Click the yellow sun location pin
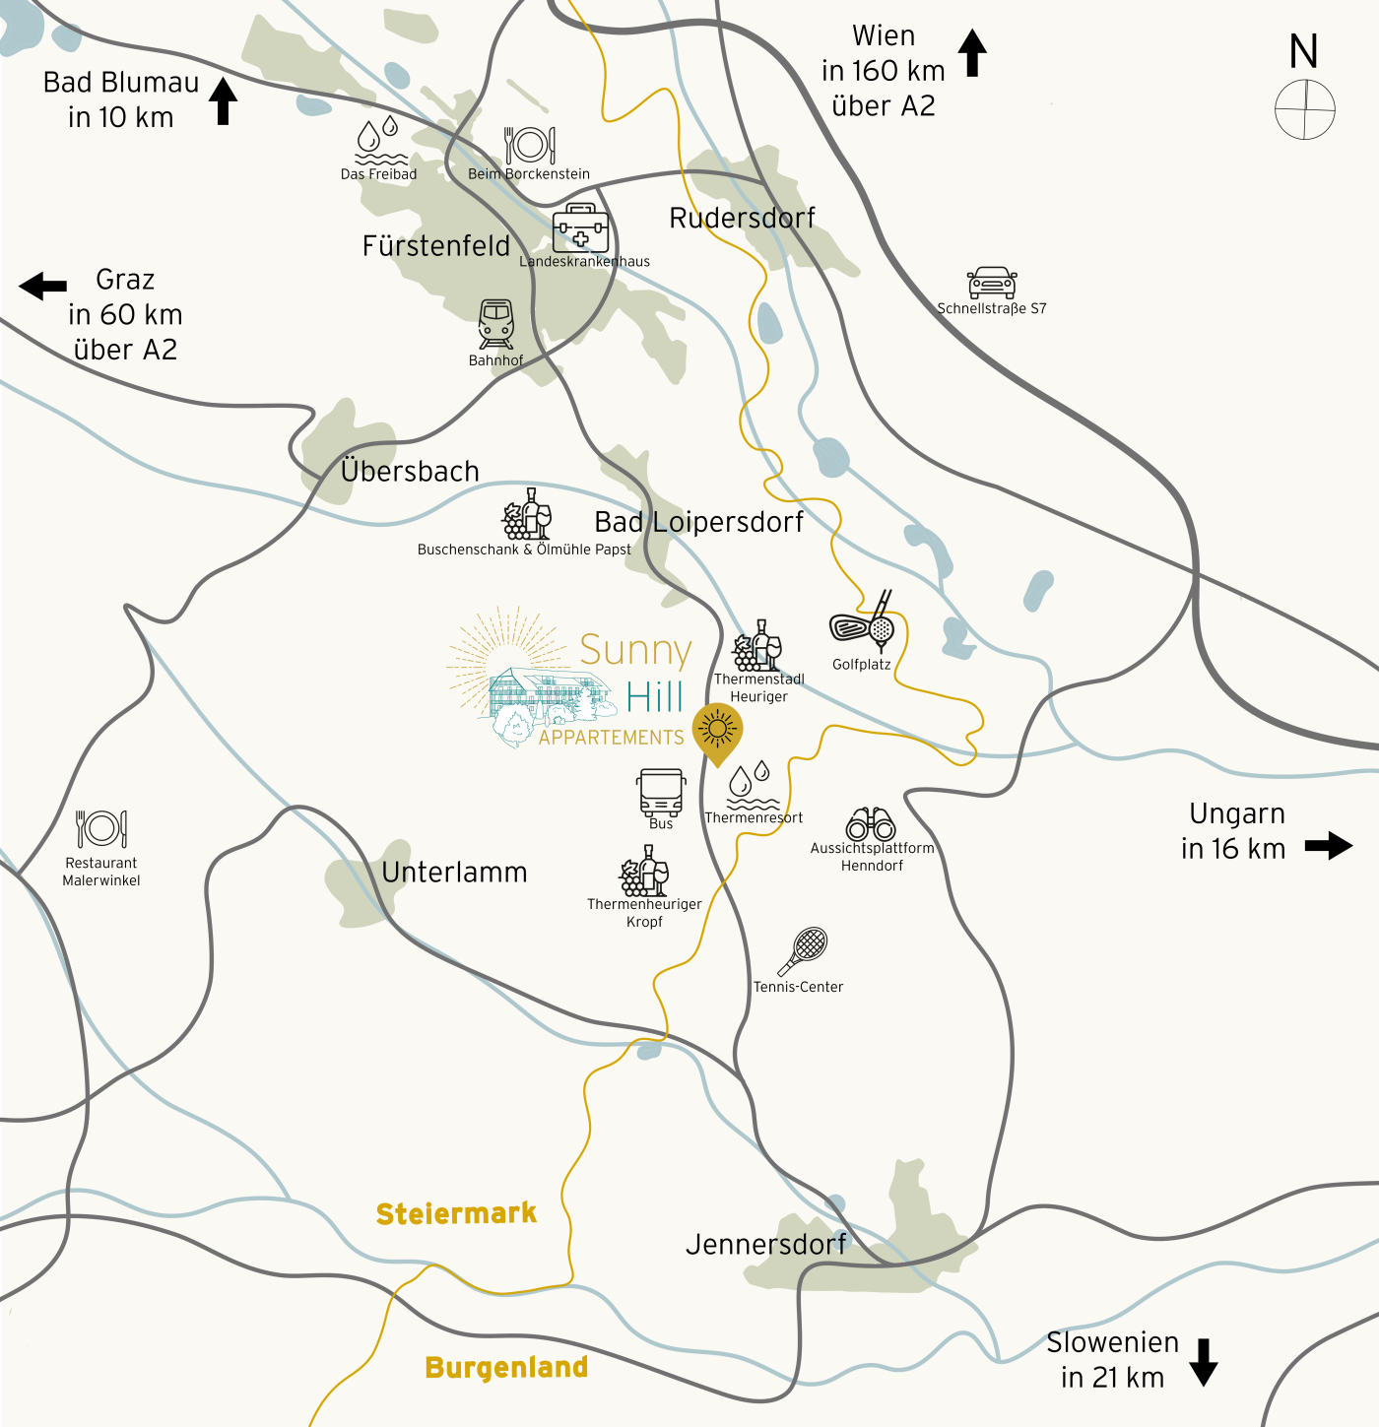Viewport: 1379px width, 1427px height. pos(717,732)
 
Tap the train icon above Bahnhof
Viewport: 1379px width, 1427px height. pos(495,324)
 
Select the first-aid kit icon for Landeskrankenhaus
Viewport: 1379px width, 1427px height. pos(580,228)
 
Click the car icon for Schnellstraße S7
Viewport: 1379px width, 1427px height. pos(992,283)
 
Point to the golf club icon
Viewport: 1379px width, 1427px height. pos(865,623)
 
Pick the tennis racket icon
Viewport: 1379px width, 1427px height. pos(804,950)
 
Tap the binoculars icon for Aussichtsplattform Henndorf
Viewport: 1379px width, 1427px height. pos(871,824)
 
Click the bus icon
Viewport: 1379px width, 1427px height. pos(661,793)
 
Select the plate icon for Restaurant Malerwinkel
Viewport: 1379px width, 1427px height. pos(101,829)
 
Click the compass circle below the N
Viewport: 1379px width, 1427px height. pos(1304,109)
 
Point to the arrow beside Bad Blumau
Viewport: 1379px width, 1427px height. pos(224,100)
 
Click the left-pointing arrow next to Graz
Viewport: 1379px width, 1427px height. pos(43,286)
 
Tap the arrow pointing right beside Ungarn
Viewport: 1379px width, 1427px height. pos(1328,845)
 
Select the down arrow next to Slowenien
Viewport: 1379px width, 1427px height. pos(1204,1361)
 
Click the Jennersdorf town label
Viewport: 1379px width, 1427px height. pos(765,1244)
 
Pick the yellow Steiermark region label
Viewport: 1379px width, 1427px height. pos(456,1213)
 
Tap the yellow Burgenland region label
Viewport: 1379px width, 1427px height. pos(506,1367)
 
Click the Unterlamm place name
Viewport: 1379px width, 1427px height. pos(454,872)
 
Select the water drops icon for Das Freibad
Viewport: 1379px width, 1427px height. pos(379,142)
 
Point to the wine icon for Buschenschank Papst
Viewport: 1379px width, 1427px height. pos(527,514)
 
